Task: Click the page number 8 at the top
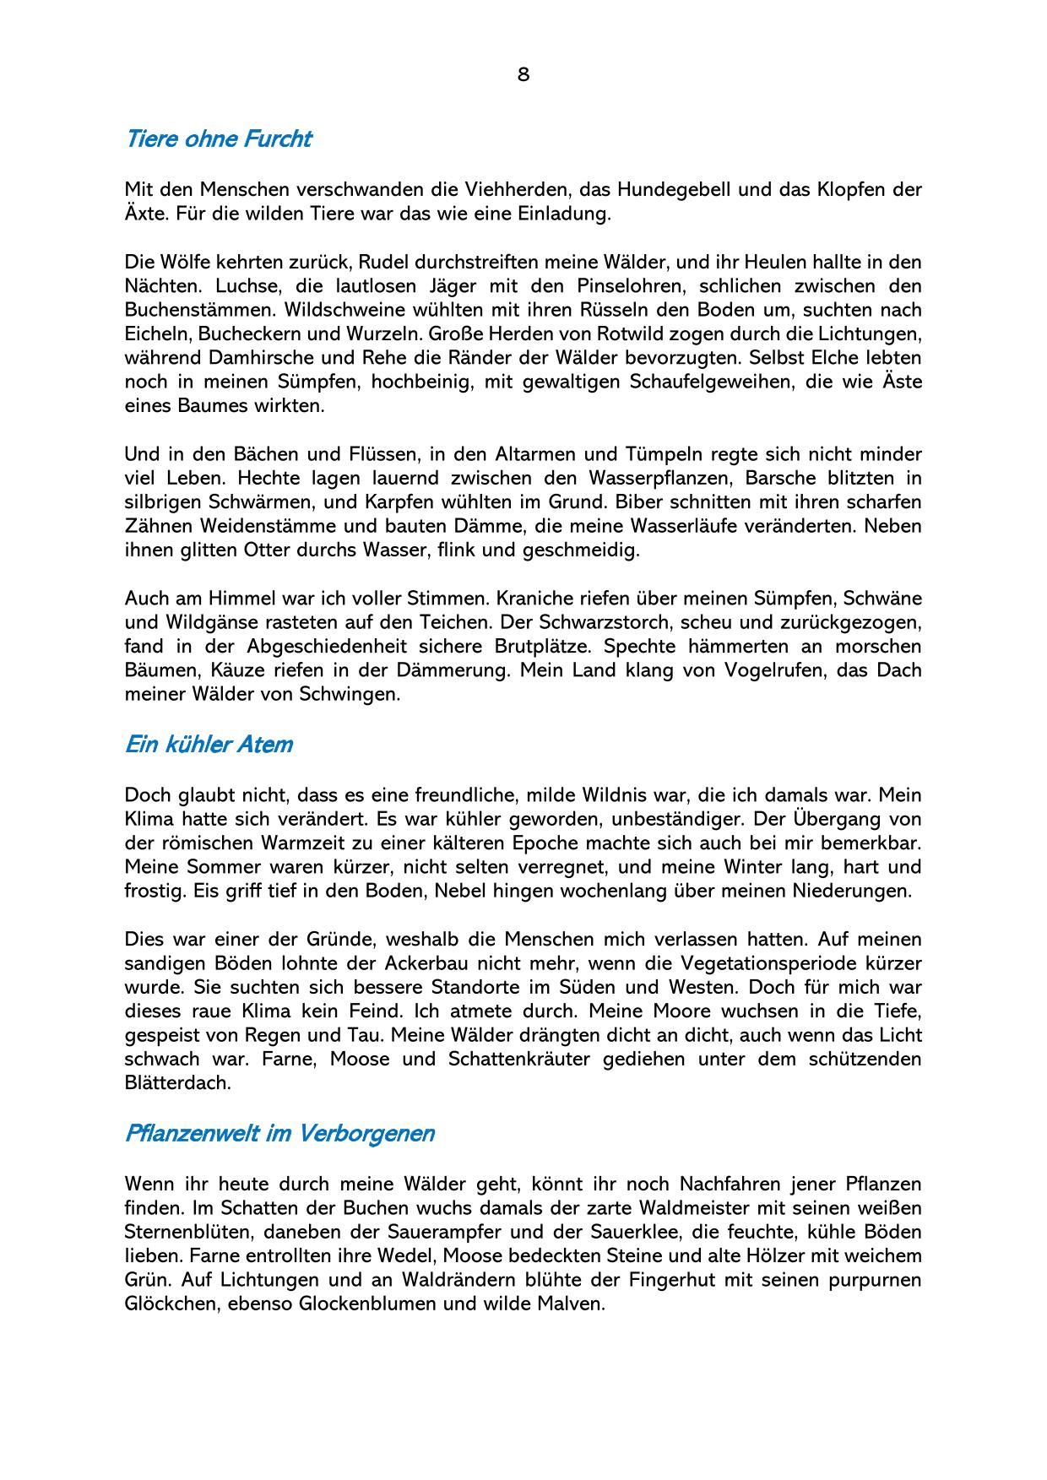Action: click(523, 74)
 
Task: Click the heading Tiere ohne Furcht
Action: click(218, 138)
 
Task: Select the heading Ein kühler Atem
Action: click(209, 745)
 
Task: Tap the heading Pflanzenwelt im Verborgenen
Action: click(279, 1133)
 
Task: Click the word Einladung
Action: click(564, 213)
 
